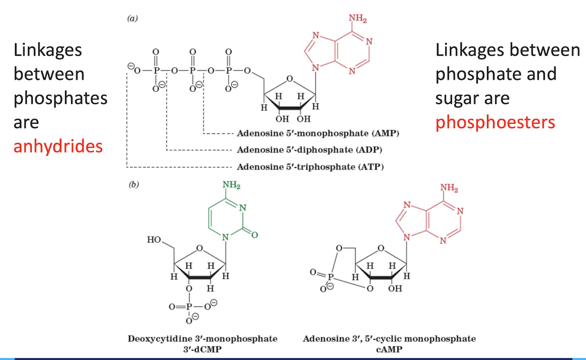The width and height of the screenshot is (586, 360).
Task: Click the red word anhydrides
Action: tap(58, 146)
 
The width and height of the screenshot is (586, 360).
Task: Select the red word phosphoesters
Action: tap(495, 122)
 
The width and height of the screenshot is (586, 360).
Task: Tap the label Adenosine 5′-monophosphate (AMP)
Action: tap(318, 133)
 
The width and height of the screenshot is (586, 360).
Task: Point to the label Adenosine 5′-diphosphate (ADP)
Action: tap(309, 150)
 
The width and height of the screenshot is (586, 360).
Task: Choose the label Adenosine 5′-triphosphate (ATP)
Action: tap(310, 167)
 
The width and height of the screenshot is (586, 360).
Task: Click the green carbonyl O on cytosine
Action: tap(255, 235)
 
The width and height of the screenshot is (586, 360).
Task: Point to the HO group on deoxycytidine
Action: tap(155, 240)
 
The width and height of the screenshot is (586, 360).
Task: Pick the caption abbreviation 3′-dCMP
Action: tap(202, 348)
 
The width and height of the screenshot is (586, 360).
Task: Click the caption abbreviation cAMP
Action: tap(389, 348)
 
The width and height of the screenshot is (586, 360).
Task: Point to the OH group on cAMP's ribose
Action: tap(395, 289)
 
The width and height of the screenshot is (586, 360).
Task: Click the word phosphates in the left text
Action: tap(61, 98)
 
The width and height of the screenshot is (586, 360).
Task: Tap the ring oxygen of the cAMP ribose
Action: tap(381, 248)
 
